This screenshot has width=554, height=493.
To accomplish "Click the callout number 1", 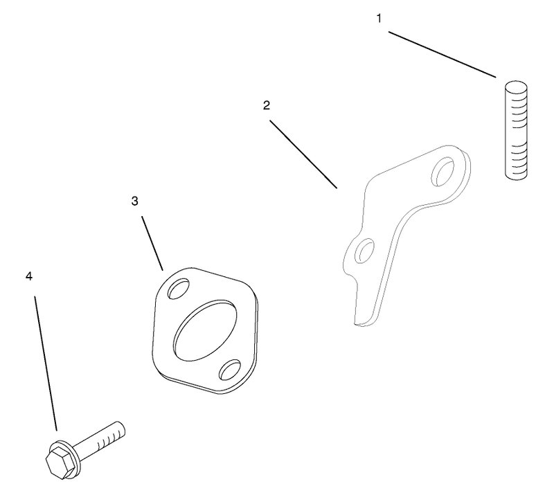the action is pyautogui.click(x=379, y=19).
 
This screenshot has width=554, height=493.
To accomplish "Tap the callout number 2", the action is pyautogui.click(x=267, y=105).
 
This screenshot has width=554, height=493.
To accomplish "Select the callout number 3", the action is pyautogui.click(x=134, y=201).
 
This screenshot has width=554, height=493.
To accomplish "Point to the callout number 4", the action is pyautogui.click(x=29, y=276).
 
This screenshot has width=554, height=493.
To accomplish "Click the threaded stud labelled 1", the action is pyautogui.click(x=516, y=130).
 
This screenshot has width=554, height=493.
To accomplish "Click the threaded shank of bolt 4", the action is pyautogui.click(x=100, y=438).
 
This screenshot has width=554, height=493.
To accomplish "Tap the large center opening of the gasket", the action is pyautogui.click(x=206, y=330).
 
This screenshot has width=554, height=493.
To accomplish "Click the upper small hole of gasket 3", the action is pyautogui.click(x=179, y=288).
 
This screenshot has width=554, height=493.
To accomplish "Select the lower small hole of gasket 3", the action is pyautogui.click(x=230, y=370).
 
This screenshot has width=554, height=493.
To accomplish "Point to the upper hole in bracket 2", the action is pyautogui.click(x=443, y=172).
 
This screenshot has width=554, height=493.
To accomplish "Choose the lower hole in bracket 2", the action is pyautogui.click(x=365, y=251).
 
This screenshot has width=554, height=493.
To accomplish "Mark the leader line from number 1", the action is pyautogui.click(x=442, y=55).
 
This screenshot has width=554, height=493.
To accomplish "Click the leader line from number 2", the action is pyautogui.click(x=303, y=154).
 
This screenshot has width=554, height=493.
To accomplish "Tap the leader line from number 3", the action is pyautogui.click(x=152, y=243).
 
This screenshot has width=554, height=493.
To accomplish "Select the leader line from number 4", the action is pyautogui.click(x=46, y=364).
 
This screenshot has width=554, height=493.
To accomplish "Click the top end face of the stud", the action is pyautogui.click(x=516, y=86).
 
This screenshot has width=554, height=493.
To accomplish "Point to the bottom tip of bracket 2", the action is pyautogui.click(x=360, y=323).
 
